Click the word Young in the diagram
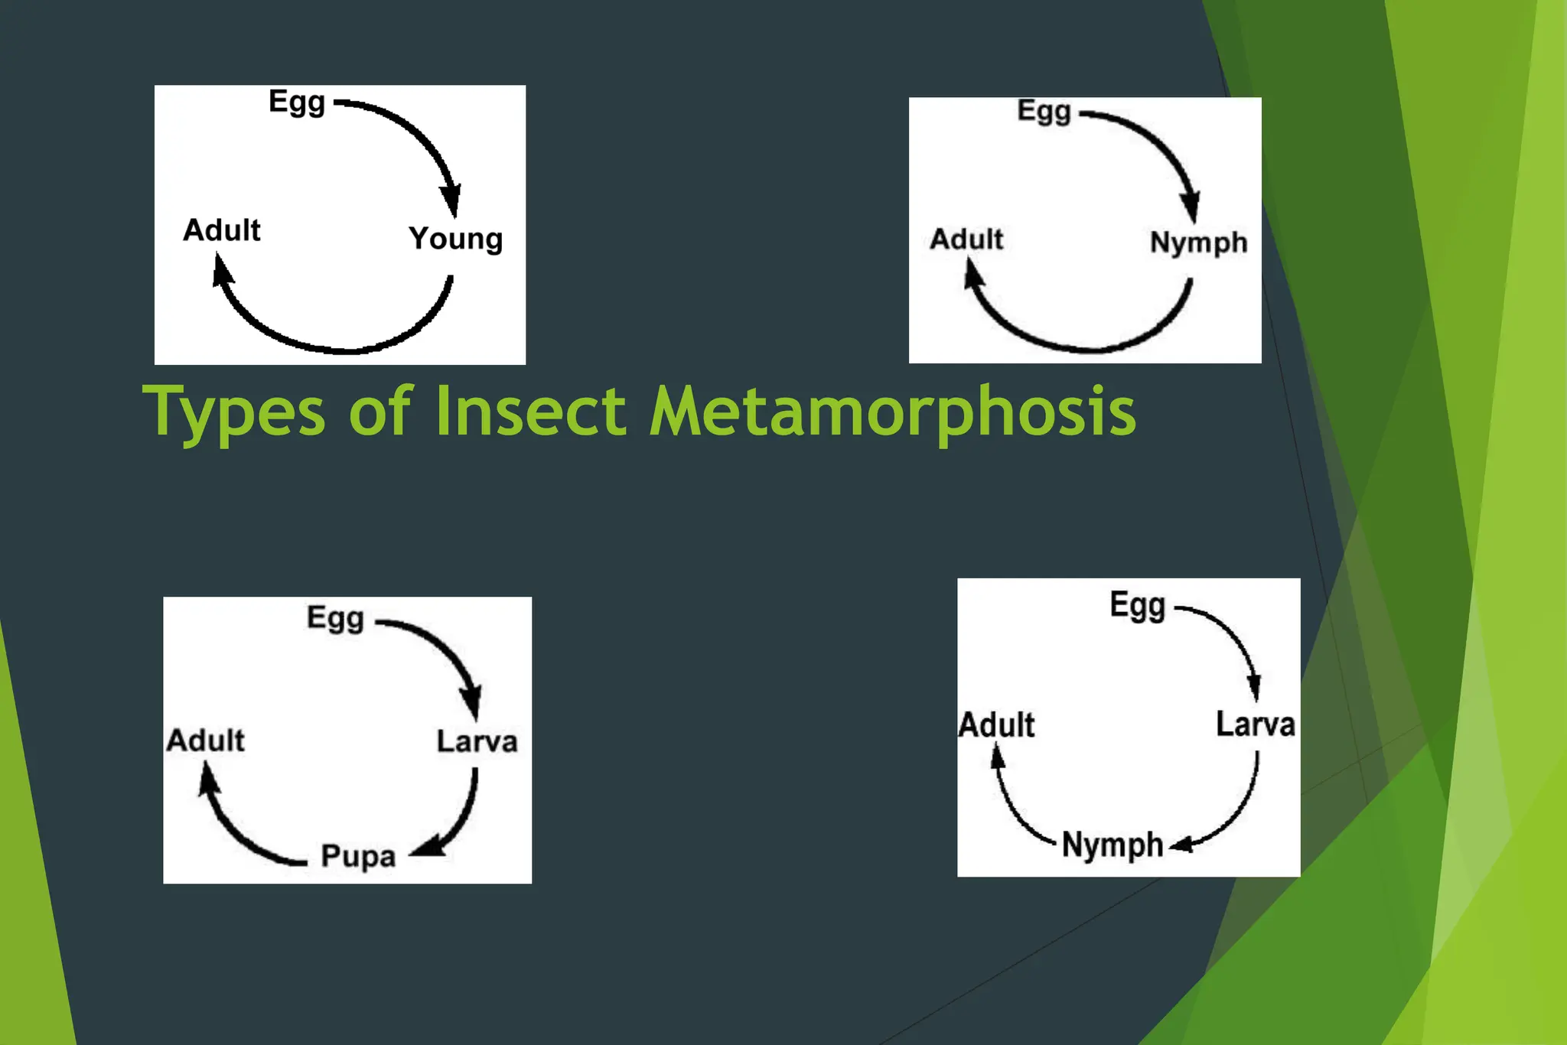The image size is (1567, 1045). pos(455,239)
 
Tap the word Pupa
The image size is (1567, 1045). pos(358,856)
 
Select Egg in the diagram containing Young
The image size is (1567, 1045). pos(297,102)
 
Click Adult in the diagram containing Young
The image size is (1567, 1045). pos(222,230)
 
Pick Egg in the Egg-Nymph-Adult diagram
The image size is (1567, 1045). pos(1044,112)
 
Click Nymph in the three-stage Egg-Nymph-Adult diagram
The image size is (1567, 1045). pos(1198,243)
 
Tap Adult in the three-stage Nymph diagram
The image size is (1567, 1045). pos(966,239)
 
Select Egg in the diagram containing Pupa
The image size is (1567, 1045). pos(335,618)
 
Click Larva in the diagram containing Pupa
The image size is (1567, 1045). pos(477,741)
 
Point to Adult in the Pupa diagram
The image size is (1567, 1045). pos(206,741)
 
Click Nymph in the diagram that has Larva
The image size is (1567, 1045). pos(1113,845)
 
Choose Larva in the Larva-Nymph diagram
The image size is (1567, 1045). pos(1255,724)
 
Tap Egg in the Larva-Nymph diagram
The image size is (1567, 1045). pos(1138,606)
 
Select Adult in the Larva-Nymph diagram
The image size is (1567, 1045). pos(996,725)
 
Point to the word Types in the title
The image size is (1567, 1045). pos(234,413)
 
